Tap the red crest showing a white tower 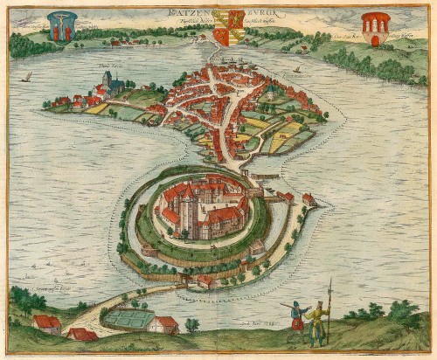tap(377, 27)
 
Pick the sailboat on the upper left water tap(26, 77)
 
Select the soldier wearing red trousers tap(297, 318)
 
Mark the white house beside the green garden tap(163, 324)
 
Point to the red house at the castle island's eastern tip tap(309, 199)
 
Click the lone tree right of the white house tap(191, 324)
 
